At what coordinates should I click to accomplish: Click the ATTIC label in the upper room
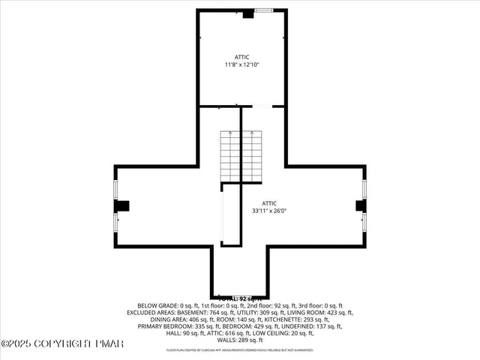click(241, 57)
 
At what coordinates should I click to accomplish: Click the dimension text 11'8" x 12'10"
click(241, 65)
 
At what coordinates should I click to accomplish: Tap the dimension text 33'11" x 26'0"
click(269, 211)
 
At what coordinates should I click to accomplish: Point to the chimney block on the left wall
click(119, 205)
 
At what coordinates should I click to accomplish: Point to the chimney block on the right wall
click(360, 205)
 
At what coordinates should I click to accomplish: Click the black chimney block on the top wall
click(247, 13)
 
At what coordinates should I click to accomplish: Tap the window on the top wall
click(263, 10)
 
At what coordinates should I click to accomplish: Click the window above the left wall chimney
click(115, 188)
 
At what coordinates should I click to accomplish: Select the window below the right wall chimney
click(364, 223)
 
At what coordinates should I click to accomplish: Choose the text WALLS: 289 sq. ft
click(240, 340)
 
